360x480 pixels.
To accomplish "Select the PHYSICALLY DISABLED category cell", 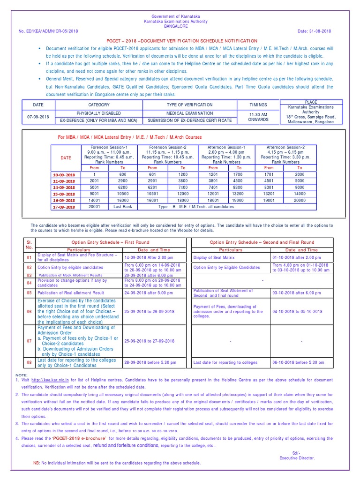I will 98,113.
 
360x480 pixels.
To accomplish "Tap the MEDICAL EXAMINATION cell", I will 189,113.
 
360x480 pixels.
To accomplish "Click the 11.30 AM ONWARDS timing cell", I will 258,116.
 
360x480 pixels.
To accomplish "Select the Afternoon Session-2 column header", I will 285,147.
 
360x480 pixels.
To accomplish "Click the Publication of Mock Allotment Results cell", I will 77,275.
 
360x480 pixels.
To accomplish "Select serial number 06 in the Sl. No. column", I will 29,311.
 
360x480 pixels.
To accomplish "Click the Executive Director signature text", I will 297,458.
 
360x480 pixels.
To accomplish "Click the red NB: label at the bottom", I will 37,463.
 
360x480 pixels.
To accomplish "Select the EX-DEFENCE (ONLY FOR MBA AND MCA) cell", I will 98,121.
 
